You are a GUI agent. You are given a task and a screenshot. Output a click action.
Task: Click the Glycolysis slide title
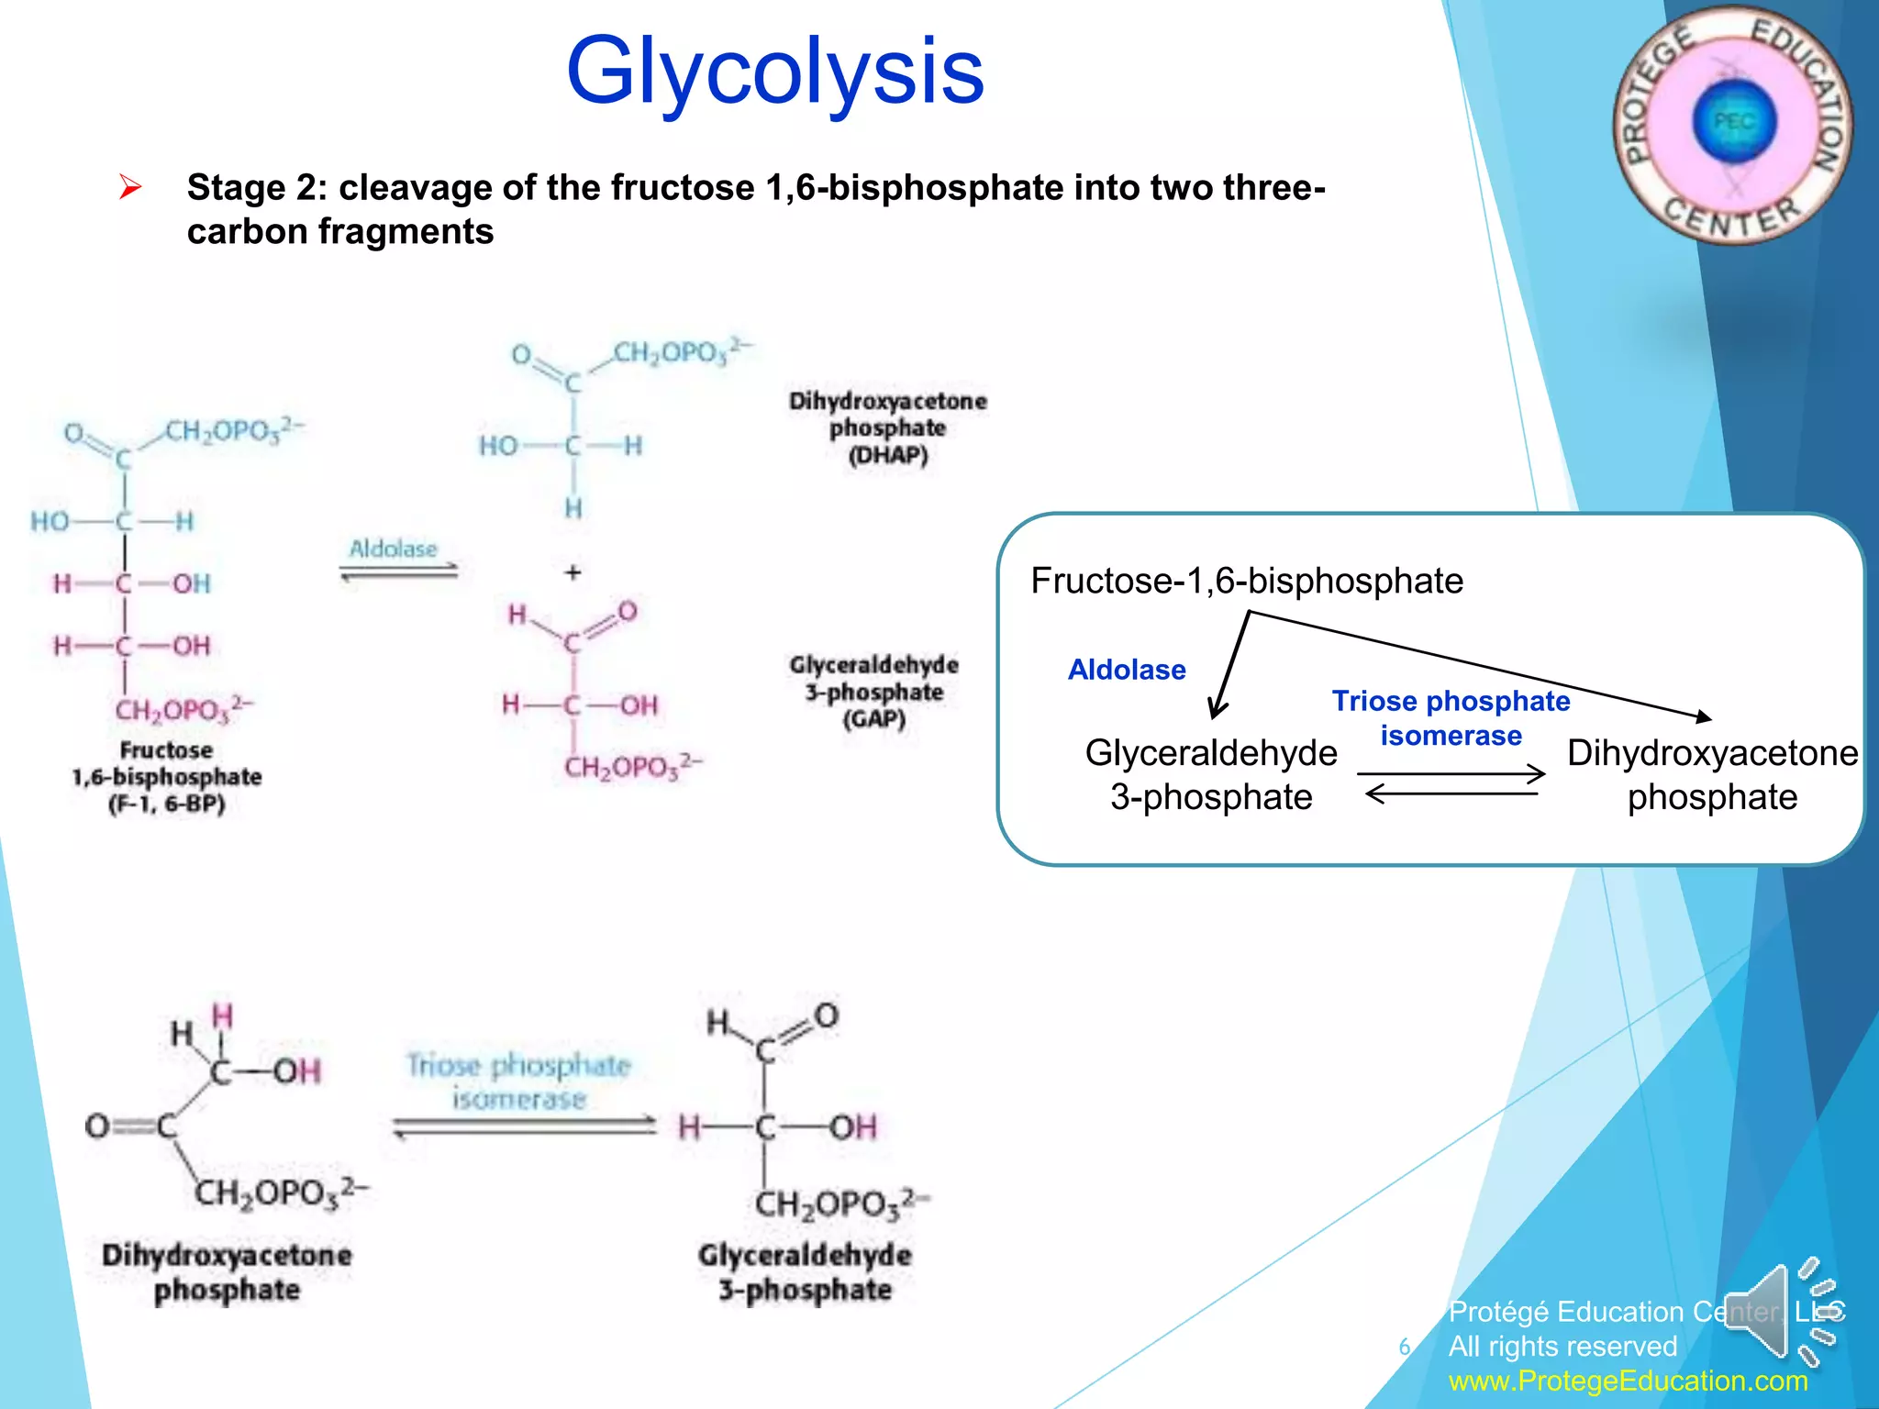(x=775, y=72)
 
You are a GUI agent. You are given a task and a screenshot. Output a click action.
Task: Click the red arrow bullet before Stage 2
(x=130, y=188)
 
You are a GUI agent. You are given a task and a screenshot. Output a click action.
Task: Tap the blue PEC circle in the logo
(x=1733, y=122)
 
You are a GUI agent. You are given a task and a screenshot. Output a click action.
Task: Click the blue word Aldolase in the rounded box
(x=1126, y=670)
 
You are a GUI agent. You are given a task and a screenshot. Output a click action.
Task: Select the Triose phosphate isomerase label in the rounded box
(x=1451, y=718)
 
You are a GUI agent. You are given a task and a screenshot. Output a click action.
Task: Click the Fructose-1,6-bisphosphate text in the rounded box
(x=1246, y=581)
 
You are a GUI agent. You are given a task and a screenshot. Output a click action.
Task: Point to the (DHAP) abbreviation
(x=887, y=455)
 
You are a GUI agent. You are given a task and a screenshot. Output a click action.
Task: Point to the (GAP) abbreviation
(x=873, y=718)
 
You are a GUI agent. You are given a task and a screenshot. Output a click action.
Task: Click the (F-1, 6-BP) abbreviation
(x=166, y=804)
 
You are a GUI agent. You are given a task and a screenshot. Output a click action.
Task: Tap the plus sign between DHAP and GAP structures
(x=573, y=572)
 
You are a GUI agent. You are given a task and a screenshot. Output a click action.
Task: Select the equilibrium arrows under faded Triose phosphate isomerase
(x=524, y=1126)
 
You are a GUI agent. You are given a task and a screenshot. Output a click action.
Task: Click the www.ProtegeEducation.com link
(x=1628, y=1381)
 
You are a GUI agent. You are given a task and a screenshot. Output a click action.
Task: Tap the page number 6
(x=1404, y=1347)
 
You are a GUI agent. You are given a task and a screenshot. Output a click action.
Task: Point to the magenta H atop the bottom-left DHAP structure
(x=223, y=1016)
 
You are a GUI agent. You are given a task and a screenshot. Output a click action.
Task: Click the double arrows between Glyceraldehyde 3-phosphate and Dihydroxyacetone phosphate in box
(x=1451, y=784)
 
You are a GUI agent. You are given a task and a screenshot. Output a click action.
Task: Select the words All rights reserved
(x=1562, y=1346)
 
